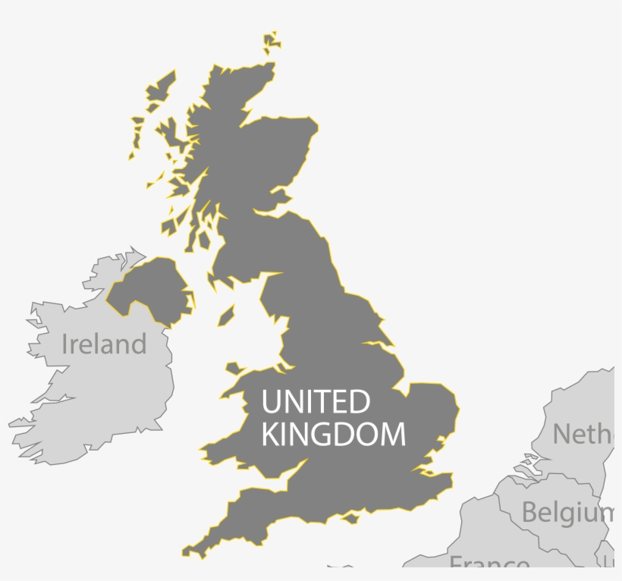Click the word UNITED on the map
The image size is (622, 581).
(316, 401)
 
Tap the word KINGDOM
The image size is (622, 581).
(333, 435)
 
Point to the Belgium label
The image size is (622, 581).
(567, 513)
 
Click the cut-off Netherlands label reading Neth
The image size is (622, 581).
(581, 434)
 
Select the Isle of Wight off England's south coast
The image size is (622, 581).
(350, 519)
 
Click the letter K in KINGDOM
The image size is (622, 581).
(269, 435)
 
